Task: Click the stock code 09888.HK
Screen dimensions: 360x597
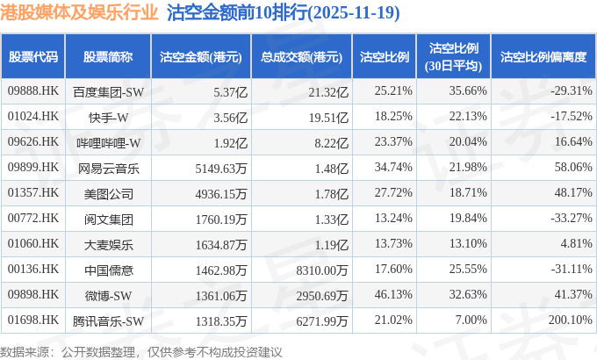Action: point(32,91)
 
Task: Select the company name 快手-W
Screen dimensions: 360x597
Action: point(108,117)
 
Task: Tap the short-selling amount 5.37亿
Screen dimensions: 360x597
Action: point(221,91)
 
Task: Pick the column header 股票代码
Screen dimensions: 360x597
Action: point(32,57)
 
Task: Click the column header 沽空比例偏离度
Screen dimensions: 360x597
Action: point(543,57)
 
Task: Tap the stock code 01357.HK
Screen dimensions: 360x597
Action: point(32,193)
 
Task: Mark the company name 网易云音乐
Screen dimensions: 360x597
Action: point(108,168)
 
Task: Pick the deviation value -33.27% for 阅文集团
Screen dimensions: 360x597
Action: point(570,219)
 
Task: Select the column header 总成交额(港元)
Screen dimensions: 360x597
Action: point(300,57)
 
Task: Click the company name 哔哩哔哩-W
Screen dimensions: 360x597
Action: point(108,142)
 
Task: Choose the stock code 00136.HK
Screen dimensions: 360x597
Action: point(32,270)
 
